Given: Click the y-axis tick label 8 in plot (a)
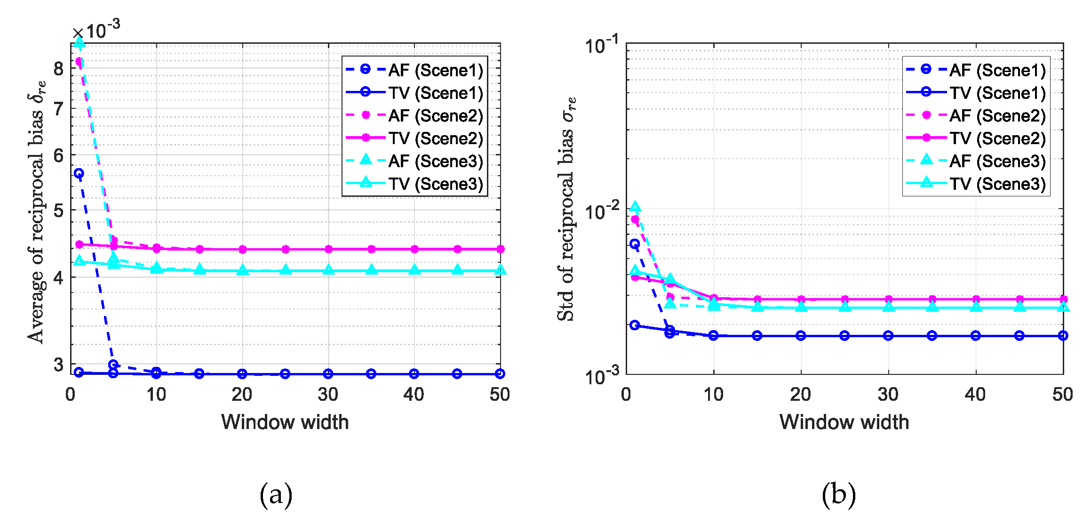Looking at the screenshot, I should point(59,69).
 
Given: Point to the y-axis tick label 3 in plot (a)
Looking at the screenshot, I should point(59,364).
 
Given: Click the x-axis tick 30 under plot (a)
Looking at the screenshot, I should point(328,394).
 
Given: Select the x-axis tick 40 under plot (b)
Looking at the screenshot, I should point(975,394).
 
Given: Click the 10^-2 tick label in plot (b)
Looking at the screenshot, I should point(602,211).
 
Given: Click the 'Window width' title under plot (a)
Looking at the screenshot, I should point(285,422).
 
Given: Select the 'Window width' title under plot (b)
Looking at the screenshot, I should point(844,422).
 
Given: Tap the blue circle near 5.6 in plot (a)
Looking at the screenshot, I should point(79,173).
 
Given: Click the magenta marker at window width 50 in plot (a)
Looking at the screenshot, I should point(500,249).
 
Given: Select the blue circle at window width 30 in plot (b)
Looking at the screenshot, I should point(888,335).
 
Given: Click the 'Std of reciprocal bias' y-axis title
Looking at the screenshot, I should point(566,210).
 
